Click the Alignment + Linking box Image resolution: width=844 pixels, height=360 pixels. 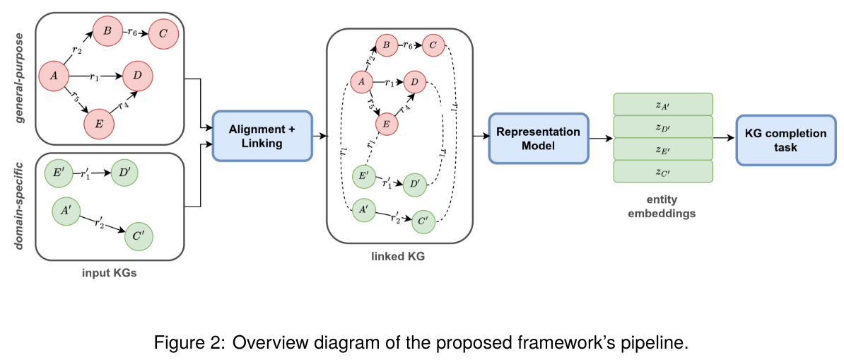(262, 134)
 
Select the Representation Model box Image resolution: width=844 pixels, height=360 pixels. (538, 138)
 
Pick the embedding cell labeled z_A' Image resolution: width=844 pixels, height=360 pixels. (662, 104)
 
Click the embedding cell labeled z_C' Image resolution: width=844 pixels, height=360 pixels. (662, 170)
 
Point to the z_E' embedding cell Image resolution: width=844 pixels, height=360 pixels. (662, 149)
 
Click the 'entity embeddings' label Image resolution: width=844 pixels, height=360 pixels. (662, 206)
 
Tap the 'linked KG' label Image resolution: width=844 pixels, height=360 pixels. (398, 257)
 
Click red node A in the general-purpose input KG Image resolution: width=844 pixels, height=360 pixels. (54, 74)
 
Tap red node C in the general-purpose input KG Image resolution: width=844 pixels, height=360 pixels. (163, 33)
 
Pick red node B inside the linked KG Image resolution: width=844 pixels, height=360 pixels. (387, 45)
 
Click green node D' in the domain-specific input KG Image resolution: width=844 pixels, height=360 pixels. (124, 173)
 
